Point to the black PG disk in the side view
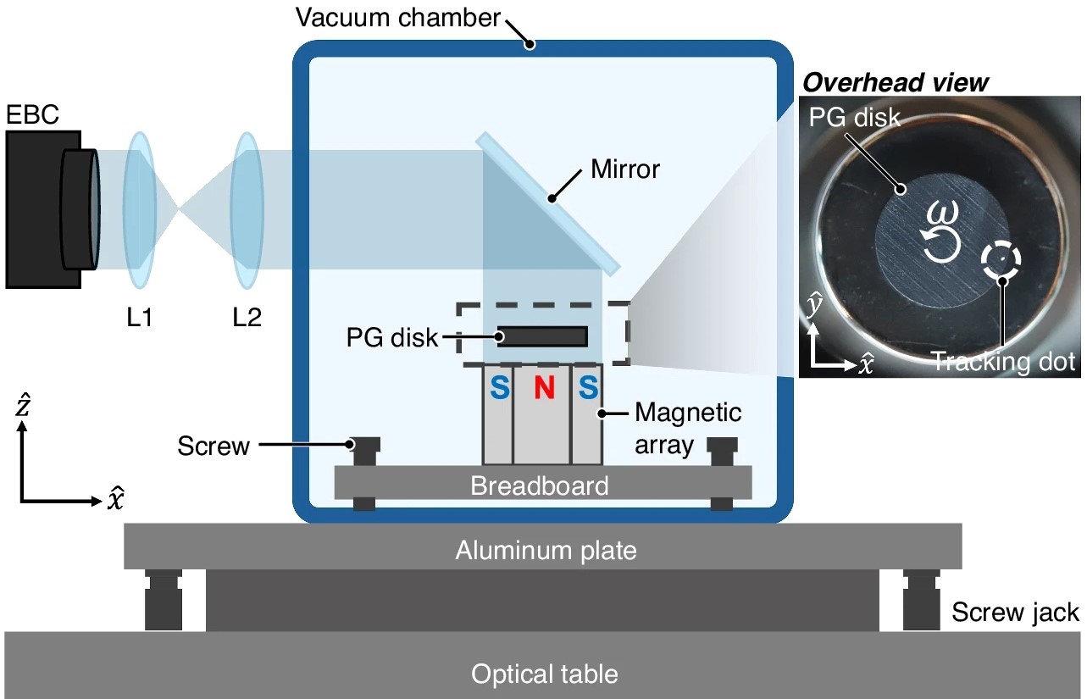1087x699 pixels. coord(542,336)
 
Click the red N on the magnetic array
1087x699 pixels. coord(543,388)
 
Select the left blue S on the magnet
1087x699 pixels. coord(500,388)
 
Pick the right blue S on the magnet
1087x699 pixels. coord(586,388)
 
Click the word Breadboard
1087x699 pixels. coord(540,486)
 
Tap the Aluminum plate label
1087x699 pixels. coord(546,551)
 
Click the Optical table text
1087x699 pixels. coord(545,674)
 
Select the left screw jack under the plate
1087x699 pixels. coord(164,601)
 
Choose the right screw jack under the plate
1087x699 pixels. coord(920,601)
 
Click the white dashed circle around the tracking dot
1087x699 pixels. coord(1002,262)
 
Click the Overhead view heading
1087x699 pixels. coord(896,83)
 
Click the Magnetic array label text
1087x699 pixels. coord(688,428)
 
